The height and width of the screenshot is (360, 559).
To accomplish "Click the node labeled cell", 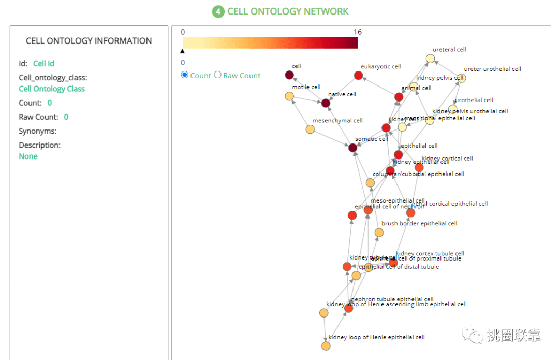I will coord(290,76).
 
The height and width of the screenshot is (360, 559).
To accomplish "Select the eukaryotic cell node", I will coord(358,76).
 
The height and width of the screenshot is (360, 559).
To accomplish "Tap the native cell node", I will coord(326,103).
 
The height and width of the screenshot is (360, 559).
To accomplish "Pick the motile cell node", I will coord(290,96).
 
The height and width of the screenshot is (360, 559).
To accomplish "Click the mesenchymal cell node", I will coord(310,129).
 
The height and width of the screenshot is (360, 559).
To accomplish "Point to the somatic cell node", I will coord(353,148).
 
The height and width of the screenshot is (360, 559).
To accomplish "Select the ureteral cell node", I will coord(430,59).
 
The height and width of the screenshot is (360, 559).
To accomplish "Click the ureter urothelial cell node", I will coord(461,78).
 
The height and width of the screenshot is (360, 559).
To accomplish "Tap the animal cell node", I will coord(399,97).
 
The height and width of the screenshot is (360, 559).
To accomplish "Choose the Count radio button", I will coord(185,75).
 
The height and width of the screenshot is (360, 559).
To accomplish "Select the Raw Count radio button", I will coord(218,75).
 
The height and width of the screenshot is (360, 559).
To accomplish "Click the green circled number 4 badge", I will coord(218,11).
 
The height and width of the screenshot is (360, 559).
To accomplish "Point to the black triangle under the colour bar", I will coord(182,51).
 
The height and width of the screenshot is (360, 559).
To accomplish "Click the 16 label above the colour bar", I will coord(357,32).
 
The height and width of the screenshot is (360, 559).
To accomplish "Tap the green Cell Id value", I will coord(43,64).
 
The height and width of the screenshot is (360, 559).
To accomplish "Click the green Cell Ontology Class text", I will coord(52,89).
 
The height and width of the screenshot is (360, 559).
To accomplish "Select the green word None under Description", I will coord(28,156).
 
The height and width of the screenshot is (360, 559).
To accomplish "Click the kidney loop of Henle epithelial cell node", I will coord(326,346).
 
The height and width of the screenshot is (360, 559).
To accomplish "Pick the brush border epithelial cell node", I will coord(379,233).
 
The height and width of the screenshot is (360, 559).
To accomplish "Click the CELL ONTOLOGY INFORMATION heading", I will coord(89,41).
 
